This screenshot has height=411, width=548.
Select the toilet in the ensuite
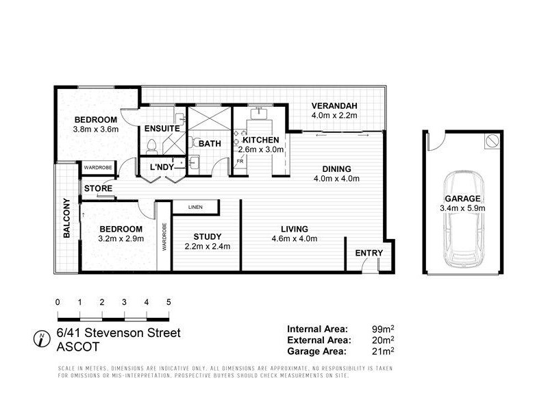click(x=152, y=146)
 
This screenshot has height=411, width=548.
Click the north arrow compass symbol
click(x=42, y=338)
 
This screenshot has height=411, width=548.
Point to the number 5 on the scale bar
click(x=168, y=302)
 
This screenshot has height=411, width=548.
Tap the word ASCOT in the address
click(x=73, y=347)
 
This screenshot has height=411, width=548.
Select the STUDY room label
click(x=206, y=235)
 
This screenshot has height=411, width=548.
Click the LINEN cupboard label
click(x=195, y=206)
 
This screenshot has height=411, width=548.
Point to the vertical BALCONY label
click(x=67, y=218)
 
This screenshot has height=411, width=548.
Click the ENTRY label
click(x=369, y=253)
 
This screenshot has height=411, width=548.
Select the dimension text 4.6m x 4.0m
click(x=294, y=239)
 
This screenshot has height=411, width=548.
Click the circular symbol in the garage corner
click(x=490, y=141)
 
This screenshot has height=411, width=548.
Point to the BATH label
click(x=210, y=143)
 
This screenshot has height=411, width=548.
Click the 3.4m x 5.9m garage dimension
click(x=463, y=208)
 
